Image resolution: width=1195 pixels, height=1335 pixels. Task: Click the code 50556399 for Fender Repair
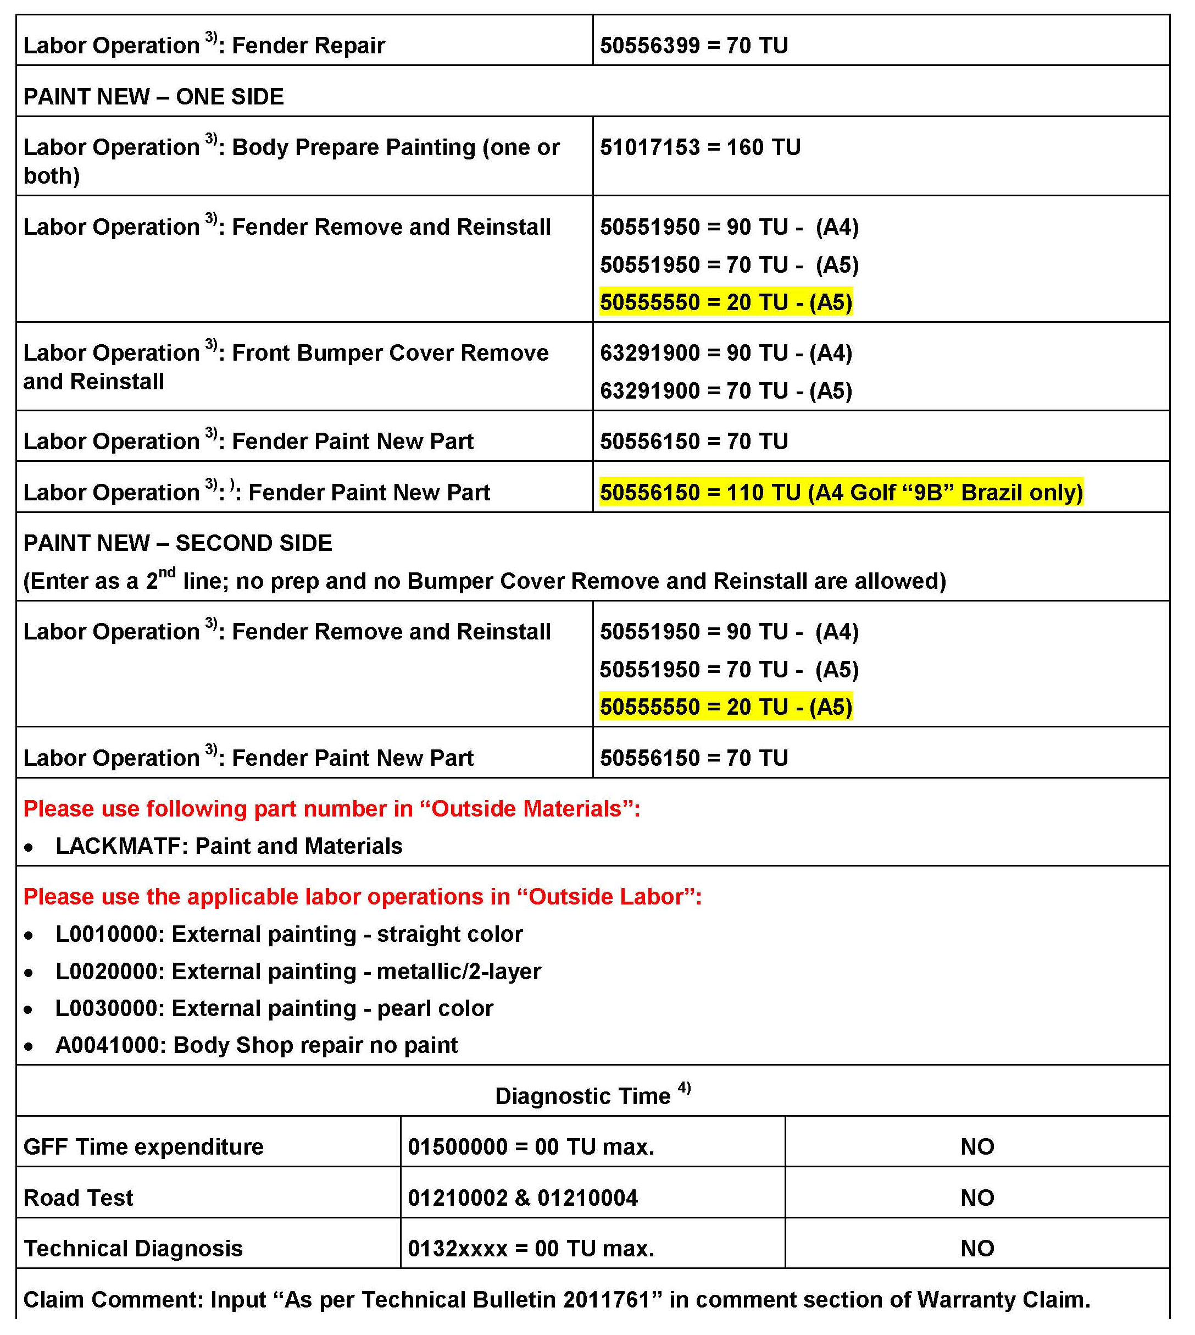649,45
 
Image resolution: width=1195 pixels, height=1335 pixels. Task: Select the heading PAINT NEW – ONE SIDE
154,97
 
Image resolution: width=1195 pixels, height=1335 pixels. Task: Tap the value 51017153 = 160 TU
700,147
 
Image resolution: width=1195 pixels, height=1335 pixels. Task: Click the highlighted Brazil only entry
841,492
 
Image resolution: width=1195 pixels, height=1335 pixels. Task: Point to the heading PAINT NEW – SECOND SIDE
178,543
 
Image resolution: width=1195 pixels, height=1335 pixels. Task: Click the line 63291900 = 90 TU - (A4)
726,353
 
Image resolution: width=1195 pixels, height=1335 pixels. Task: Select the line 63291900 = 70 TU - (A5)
726,391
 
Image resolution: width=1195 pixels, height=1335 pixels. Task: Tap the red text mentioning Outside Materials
332,809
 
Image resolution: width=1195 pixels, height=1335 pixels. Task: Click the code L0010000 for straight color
109,934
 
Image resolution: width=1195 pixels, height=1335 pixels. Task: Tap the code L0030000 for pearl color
109,1008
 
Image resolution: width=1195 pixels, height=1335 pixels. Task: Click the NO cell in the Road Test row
977,1198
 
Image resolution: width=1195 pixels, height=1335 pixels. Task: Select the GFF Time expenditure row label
143,1147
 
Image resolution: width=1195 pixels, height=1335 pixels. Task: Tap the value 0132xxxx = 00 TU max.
531,1248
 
